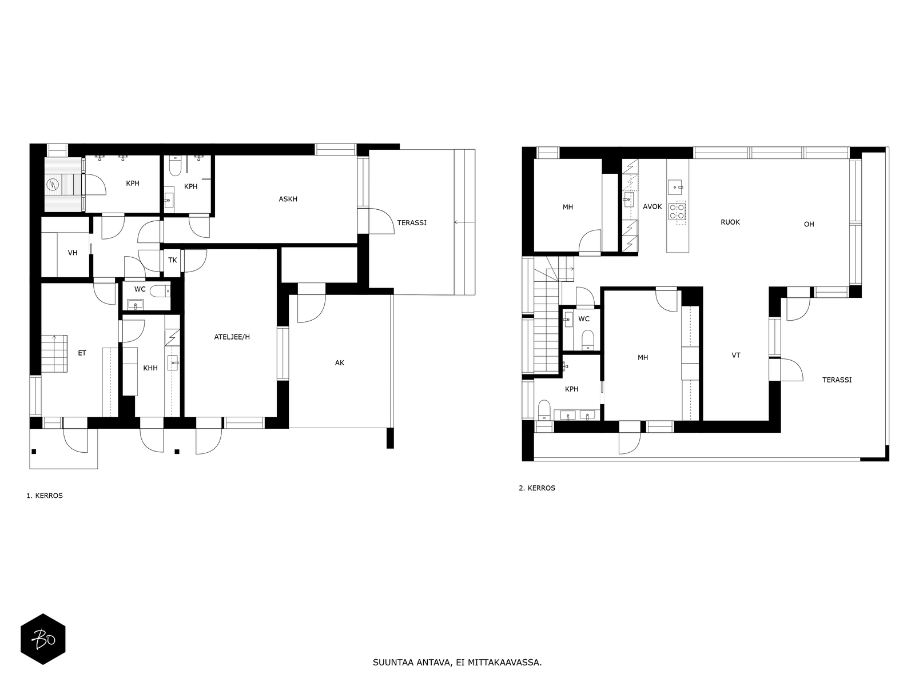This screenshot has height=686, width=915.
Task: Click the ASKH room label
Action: coord(288,199)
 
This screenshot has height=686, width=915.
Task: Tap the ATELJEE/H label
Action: coord(232,337)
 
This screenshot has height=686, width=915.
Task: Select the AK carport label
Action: coord(339,363)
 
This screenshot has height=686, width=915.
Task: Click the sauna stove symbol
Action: coord(53,184)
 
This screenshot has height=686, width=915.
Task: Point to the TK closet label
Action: coord(172,260)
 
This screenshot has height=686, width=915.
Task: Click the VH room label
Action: coord(73,253)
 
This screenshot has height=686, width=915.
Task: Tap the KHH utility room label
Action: coord(150,368)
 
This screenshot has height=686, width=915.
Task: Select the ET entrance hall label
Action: coord(82,353)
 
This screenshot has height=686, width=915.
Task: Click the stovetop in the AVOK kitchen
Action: coord(677,211)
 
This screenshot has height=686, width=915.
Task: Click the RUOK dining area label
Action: coord(730,222)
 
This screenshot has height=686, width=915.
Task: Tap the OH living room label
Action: coord(809,225)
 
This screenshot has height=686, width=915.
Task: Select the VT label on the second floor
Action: coord(736,356)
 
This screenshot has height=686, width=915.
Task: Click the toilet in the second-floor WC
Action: coord(588,339)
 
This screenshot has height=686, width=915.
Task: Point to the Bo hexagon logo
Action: coord(43,639)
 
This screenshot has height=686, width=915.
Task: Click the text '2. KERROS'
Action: coord(537,488)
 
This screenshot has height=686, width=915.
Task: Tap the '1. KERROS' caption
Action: coord(45,496)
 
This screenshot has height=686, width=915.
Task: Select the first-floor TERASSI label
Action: coord(411,223)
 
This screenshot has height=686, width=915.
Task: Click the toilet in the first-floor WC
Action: coord(160,291)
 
